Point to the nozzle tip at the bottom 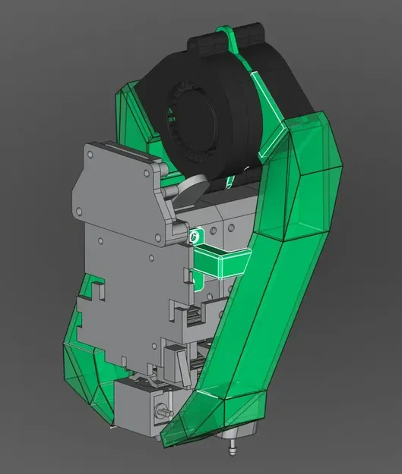(x=229, y=452)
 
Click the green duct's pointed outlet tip (x=169, y=438)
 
